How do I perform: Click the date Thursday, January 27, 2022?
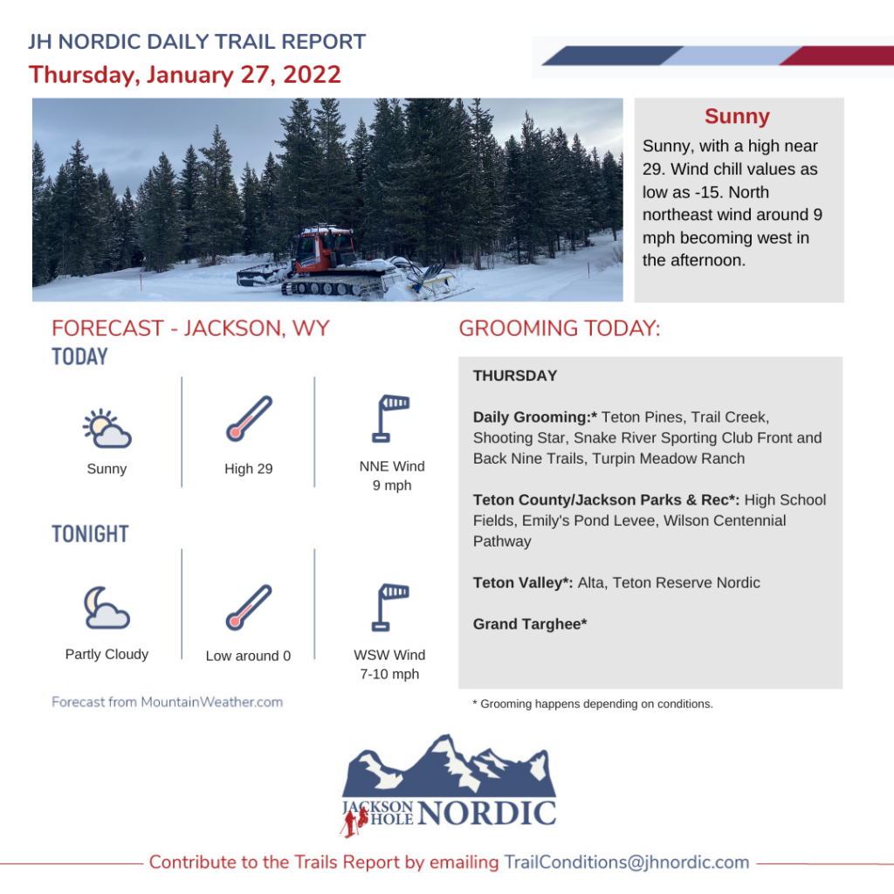click(185, 75)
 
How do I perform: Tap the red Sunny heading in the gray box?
click(737, 116)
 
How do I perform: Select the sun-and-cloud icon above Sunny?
click(107, 428)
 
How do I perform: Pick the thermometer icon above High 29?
click(249, 418)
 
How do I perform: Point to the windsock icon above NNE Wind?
click(390, 418)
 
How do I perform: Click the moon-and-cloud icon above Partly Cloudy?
click(107, 608)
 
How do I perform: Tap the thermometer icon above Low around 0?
click(249, 608)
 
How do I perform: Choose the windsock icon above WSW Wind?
click(390, 608)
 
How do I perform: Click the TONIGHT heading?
click(90, 534)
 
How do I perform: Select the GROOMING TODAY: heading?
click(560, 328)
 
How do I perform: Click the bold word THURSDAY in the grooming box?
click(515, 375)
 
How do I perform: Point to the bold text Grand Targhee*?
click(530, 624)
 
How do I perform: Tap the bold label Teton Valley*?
click(523, 582)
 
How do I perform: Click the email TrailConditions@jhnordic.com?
click(627, 862)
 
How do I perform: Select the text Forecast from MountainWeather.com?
click(167, 702)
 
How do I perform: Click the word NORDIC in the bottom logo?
click(486, 813)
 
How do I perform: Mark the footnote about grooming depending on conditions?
click(593, 705)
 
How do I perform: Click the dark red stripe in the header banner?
click(836, 56)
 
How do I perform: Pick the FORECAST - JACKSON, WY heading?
click(190, 328)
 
